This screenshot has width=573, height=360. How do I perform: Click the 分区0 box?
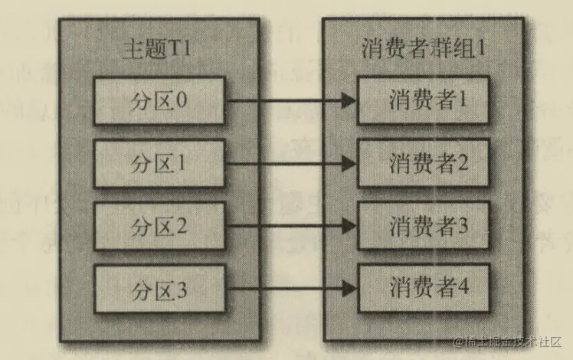point(159,101)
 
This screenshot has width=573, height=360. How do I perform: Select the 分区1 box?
point(159,164)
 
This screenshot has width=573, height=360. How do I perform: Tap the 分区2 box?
point(159,227)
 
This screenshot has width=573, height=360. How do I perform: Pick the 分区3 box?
point(159,289)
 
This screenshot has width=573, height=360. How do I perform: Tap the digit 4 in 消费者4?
point(463,288)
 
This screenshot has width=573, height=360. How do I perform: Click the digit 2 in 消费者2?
point(463,163)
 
